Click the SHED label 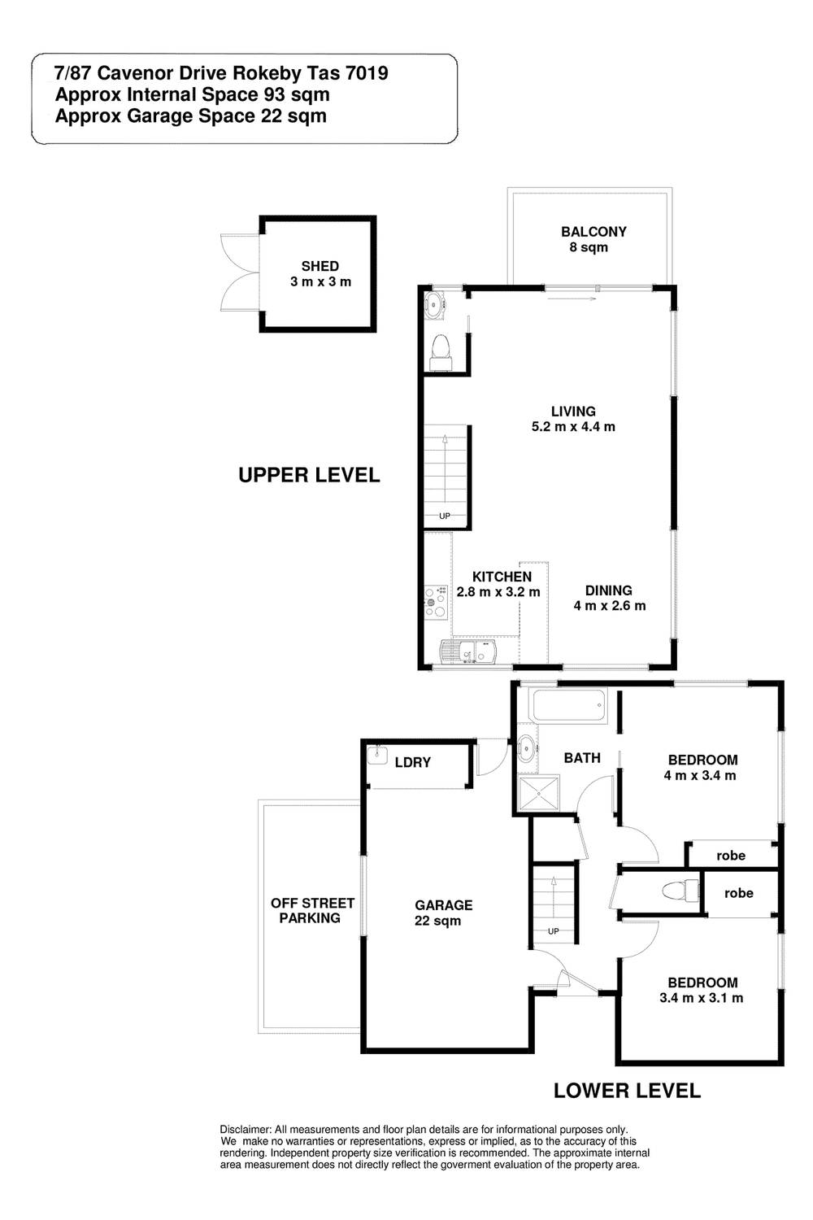pyautogui.click(x=320, y=266)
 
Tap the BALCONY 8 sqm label pyautogui.click(x=593, y=240)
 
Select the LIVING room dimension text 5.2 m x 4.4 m pyautogui.click(x=573, y=427)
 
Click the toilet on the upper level pyautogui.click(x=440, y=353)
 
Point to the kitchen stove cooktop pyautogui.click(x=437, y=603)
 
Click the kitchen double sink pyautogui.click(x=469, y=651)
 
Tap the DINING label pyautogui.click(x=609, y=590)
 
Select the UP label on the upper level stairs pyautogui.click(x=445, y=516)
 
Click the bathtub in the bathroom pyautogui.click(x=570, y=706)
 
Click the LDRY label pyautogui.click(x=413, y=763)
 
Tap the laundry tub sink pyautogui.click(x=376, y=755)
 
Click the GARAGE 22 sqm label pyautogui.click(x=443, y=913)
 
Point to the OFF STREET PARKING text pyautogui.click(x=312, y=910)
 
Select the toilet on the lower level pyautogui.click(x=680, y=890)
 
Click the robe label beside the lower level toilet pyautogui.click(x=738, y=893)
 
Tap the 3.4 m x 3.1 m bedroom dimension pyautogui.click(x=702, y=998)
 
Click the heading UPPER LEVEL pyautogui.click(x=309, y=476)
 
